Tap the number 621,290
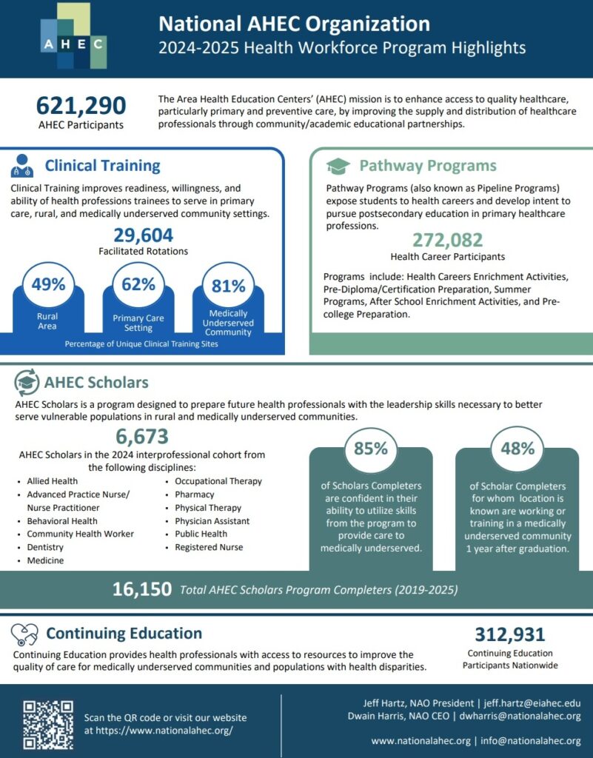(81, 105)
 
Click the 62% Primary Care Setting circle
(138, 284)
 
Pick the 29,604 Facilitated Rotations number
(143, 235)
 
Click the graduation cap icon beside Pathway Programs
(338, 166)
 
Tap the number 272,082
(447, 240)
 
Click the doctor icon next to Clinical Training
(22, 165)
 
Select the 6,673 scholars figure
(141, 437)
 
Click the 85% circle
(370, 449)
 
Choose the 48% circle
(517, 449)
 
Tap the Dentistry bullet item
(45, 547)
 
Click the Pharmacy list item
(194, 494)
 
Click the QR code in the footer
(47, 724)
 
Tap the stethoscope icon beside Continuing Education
(25, 634)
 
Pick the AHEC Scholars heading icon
(27, 383)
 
